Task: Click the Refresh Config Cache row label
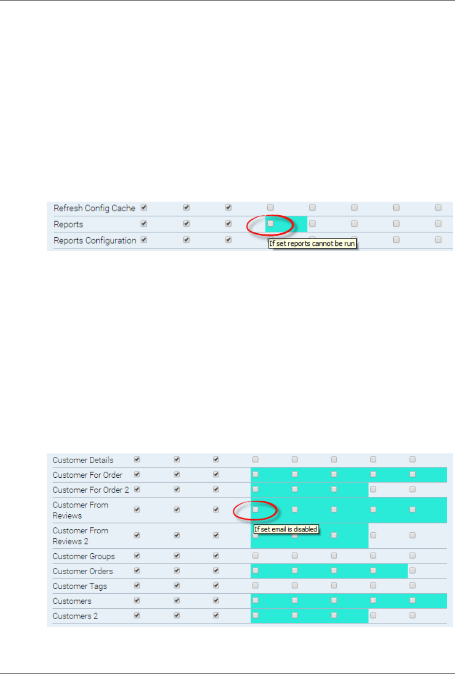coord(94,208)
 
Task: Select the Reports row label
coord(68,225)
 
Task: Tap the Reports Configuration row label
coord(95,241)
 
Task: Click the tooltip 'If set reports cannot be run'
coord(312,243)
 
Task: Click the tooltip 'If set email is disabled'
coord(286,529)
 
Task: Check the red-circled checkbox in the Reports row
coord(270,224)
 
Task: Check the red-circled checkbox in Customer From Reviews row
coord(255,509)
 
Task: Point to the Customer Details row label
coord(83,460)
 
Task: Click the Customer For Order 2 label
coord(91,490)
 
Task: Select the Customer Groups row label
coord(84,556)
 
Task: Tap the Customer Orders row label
coord(83,571)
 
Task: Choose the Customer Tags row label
coord(80,586)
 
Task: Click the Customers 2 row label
coord(75,616)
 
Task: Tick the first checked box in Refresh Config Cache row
coord(144,207)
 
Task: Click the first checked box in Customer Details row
coord(137,459)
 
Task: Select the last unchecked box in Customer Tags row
coord(412,585)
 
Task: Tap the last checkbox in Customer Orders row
coord(412,570)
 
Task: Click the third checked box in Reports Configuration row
coord(228,240)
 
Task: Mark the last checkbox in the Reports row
coord(438,224)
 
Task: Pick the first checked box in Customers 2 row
coord(137,615)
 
